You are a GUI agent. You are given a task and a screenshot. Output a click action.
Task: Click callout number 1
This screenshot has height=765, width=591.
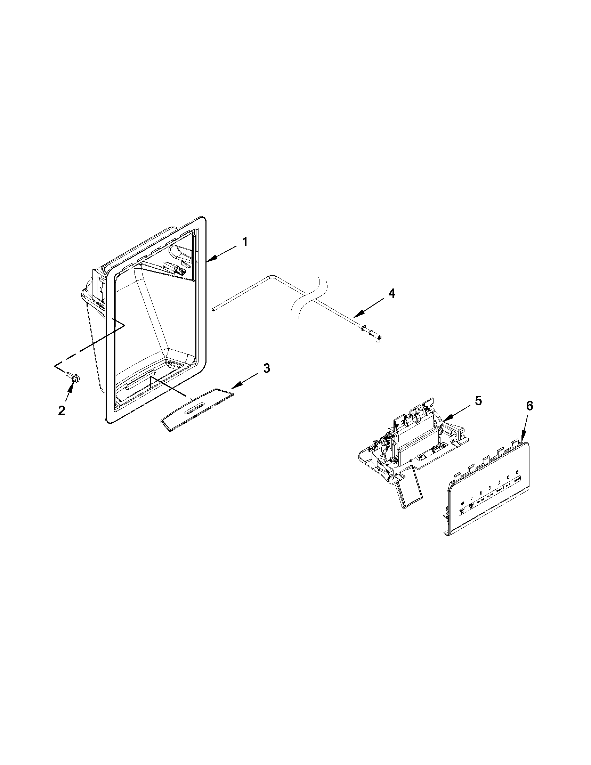pyautogui.click(x=245, y=242)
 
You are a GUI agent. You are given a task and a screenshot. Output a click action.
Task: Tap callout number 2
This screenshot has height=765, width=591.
pyautogui.click(x=62, y=410)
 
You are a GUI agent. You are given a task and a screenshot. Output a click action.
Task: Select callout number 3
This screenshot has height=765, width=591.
pyautogui.click(x=267, y=368)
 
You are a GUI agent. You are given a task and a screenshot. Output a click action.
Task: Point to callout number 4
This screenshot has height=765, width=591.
pyautogui.click(x=392, y=294)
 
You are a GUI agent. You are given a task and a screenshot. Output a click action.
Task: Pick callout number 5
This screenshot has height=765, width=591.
pyautogui.click(x=478, y=401)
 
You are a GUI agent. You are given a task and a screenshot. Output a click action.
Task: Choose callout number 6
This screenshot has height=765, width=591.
pyautogui.click(x=529, y=406)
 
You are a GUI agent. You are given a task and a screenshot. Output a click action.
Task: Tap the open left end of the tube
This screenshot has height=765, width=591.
pyautogui.click(x=213, y=309)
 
